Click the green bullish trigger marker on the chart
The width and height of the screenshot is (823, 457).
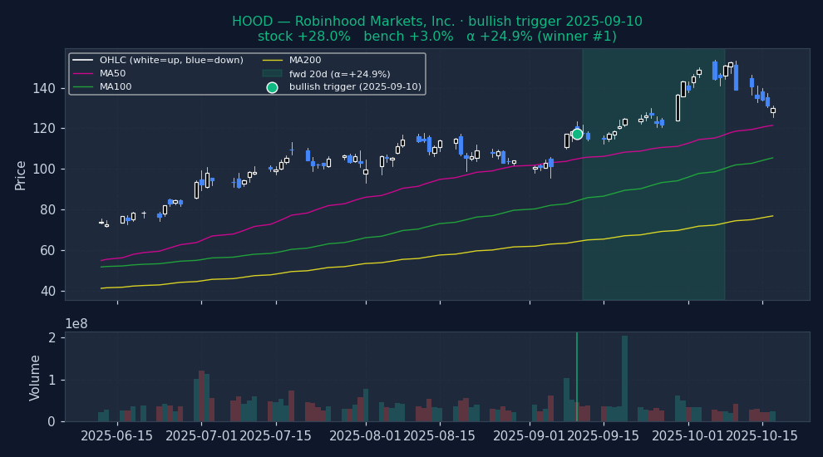pyautogui.click(x=577, y=134)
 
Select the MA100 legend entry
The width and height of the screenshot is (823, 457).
pyautogui.click(x=116, y=87)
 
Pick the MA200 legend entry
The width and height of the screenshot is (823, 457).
pyautogui.click(x=304, y=61)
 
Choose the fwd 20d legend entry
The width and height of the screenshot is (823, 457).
pyautogui.click(x=339, y=74)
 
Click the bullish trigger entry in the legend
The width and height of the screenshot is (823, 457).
pyautogui.click(x=355, y=87)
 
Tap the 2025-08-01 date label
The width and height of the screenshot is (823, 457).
pyautogui.click(x=360, y=436)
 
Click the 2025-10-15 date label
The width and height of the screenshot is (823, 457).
pyautogui.click(x=762, y=436)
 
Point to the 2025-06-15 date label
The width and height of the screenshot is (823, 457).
pyautogui.click(x=117, y=436)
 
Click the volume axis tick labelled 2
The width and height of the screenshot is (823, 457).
pyautogui.click(x=52, y=338)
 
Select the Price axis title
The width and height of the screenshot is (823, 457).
pyautogui.click(x=21, y=174)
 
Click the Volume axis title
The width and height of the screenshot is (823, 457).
pyautogui.click(x=36, y=377)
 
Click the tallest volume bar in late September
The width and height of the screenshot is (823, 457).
pyautogui.click(x=624, y=378)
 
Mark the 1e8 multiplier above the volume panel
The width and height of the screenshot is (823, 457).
pyautogui.click(x=78, y=323)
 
